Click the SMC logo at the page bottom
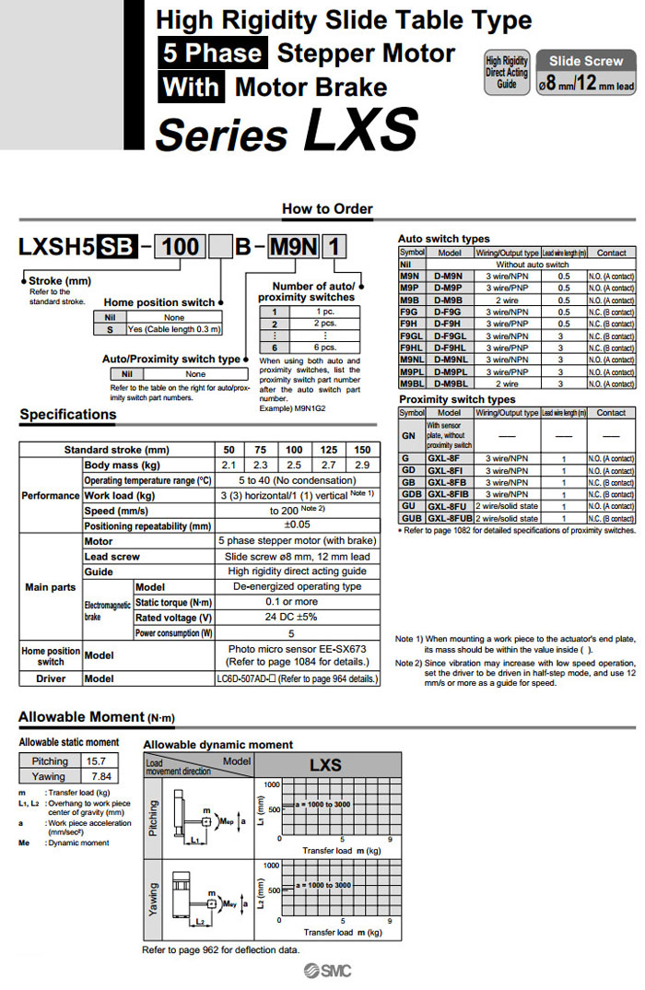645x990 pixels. (x=324, y=972)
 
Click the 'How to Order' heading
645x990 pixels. (x=327, y=208)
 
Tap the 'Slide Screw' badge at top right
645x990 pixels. (x=586, y=61)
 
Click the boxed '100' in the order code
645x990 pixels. (x=181, y=246)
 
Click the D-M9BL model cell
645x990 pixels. (x=449, y=383)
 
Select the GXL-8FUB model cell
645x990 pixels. (x=449, y=518)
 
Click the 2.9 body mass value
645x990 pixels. (x=361, y=465)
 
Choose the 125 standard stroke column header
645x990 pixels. (x=327, y=450)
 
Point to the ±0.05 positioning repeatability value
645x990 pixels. (x=296, y=525)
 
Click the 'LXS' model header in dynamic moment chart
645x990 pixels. (x=324, y=765)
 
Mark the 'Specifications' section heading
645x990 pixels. (x=68, y=415)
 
